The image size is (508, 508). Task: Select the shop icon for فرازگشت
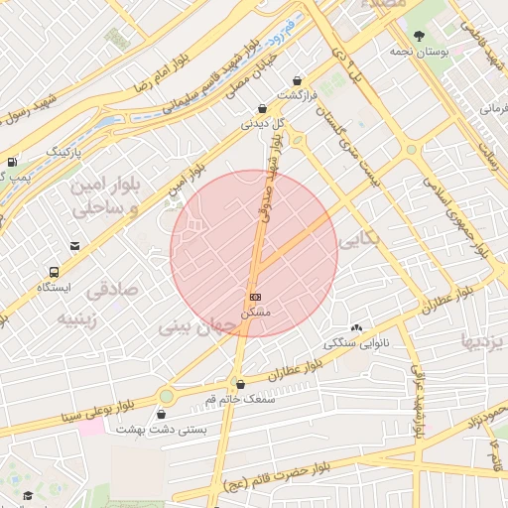296,80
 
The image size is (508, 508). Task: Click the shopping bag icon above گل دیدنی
262,109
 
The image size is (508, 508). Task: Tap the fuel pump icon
11,161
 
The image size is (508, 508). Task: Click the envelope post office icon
73,245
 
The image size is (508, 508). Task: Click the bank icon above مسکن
255,297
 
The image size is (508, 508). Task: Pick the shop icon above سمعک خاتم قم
239,384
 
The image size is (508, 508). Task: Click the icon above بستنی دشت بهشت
162,414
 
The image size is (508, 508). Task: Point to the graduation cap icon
28,495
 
